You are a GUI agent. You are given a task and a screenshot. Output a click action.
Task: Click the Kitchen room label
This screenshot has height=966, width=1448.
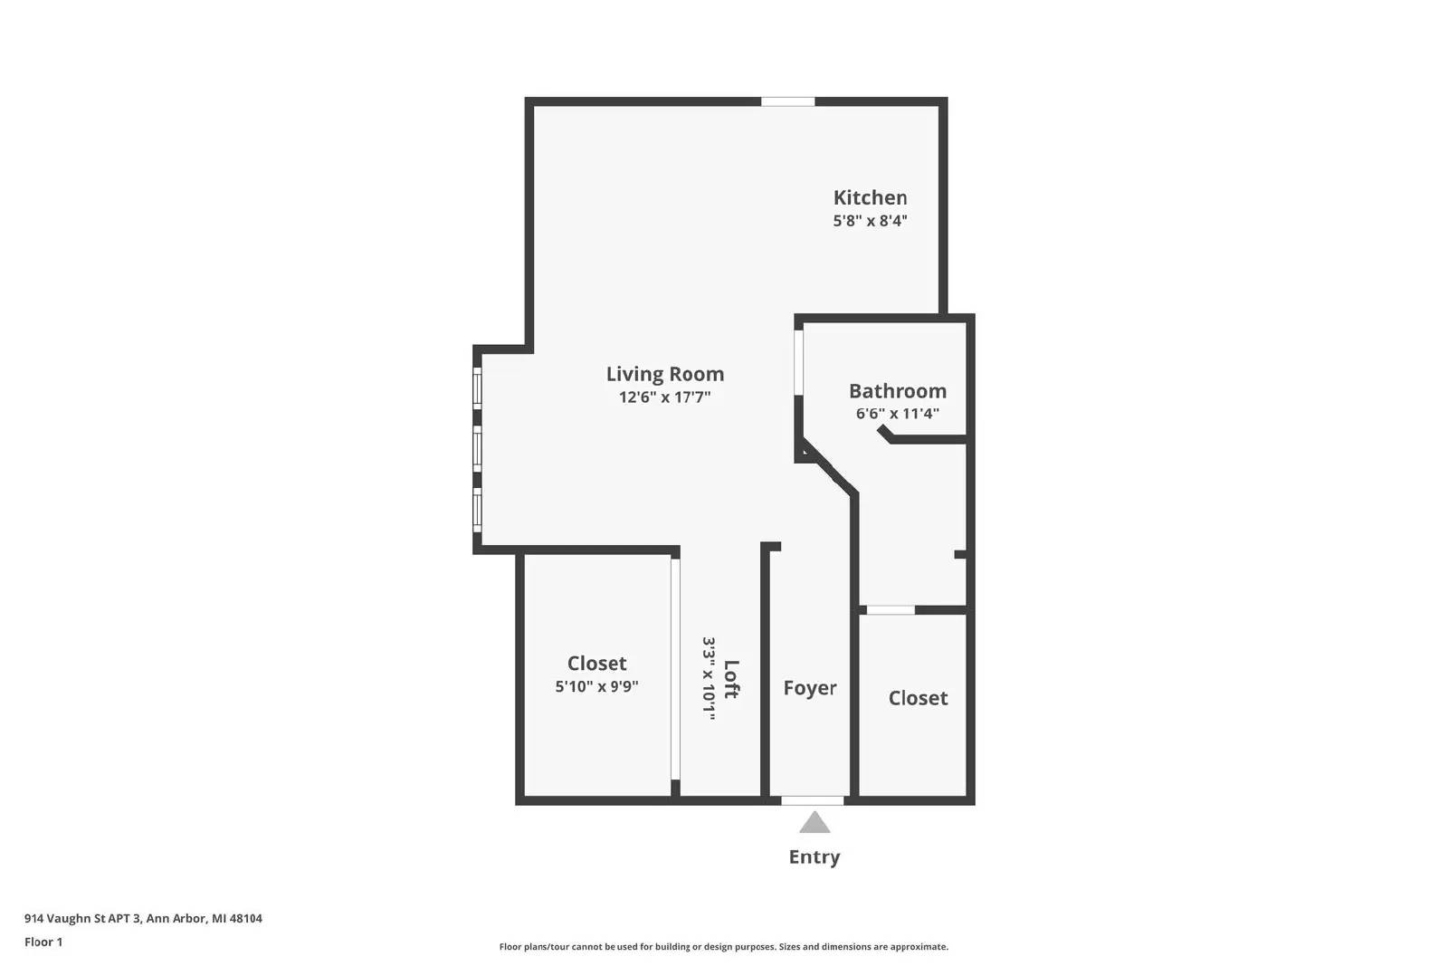870,197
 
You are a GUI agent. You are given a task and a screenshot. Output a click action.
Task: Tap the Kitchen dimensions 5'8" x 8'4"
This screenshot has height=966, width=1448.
870,221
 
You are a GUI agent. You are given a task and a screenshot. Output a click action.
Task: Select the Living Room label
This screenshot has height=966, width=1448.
664,374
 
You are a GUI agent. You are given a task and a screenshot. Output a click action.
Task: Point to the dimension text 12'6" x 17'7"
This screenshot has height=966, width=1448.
664,397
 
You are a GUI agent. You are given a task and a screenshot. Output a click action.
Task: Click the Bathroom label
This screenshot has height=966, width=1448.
897,390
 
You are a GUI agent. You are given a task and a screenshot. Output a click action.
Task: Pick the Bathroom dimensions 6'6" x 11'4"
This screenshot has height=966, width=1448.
897,413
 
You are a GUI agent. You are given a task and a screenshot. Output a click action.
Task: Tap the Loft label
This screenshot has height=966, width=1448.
731,679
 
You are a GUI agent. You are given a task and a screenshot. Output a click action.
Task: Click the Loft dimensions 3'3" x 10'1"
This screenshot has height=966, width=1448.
710,678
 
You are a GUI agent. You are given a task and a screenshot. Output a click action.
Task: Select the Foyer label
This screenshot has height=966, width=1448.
809,687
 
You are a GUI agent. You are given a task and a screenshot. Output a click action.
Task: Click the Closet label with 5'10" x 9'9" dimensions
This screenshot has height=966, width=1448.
596,663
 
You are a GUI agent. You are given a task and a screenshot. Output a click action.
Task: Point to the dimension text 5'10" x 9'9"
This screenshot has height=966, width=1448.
596,686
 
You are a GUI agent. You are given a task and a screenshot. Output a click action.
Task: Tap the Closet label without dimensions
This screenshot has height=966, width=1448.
918,698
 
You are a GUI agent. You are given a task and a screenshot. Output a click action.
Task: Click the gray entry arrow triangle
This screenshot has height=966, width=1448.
814,823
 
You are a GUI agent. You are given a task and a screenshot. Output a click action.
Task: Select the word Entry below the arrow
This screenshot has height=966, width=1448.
814,856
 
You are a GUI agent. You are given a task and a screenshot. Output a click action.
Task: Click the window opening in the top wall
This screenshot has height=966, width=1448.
787,101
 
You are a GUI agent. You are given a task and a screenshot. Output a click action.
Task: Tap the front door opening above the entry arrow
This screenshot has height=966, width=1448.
813,800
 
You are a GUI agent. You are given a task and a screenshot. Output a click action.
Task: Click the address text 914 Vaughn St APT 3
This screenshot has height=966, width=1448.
82,918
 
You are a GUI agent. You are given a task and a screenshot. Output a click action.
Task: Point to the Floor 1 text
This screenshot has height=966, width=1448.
43,942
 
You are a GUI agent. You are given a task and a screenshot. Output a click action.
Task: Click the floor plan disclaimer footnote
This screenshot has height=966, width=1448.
723,947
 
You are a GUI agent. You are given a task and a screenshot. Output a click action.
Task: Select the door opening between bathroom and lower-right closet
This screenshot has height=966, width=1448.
891,609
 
